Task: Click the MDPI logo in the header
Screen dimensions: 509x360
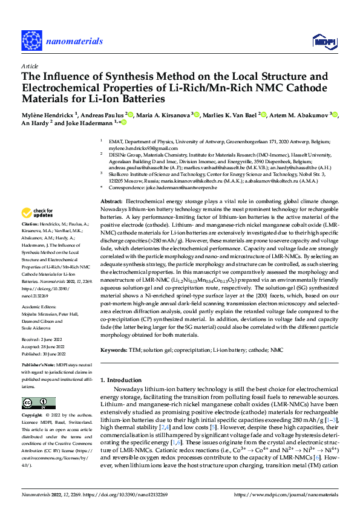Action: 321,41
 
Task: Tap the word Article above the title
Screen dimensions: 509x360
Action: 30,66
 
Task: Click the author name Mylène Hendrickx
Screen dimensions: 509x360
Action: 46,114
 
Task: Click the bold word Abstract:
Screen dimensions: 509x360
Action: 111,200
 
